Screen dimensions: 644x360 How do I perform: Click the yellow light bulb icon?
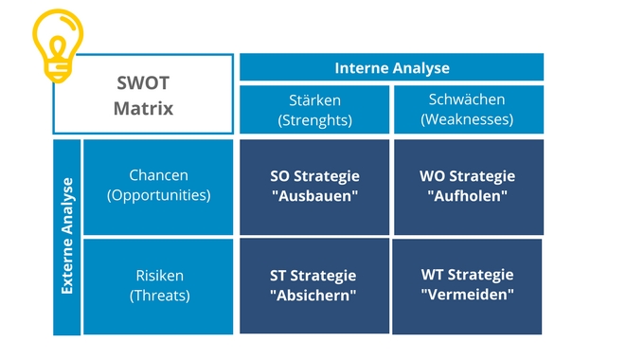point(58,45)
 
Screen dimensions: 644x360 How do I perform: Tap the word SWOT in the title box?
point(143,83)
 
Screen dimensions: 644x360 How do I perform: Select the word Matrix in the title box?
point(143,109)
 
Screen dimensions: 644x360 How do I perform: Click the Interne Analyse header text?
point(392,68)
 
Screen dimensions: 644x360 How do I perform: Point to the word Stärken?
point(314,99)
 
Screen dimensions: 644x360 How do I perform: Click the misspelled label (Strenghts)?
point(314,120)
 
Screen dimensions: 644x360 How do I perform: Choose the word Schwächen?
point(467,99)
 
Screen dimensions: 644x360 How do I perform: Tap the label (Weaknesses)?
point(467,119)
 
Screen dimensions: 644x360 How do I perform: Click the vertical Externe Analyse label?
point(67,236)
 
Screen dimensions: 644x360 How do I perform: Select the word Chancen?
point(158,175)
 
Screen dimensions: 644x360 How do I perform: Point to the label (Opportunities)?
point(158,195)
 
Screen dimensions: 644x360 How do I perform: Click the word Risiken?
point(159,276)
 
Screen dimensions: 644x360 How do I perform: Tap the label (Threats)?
point(159,295)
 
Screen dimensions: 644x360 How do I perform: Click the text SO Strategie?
point(314,176)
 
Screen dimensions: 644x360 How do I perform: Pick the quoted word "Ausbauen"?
point(314,195)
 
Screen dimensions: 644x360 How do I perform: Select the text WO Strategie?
point(467,176)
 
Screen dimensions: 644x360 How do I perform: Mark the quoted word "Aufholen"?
point(467,195)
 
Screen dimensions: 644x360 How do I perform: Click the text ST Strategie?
point(313,276)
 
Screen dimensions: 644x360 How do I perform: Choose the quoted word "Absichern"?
point(313,295)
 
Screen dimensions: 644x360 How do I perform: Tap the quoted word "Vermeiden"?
point(467,295)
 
